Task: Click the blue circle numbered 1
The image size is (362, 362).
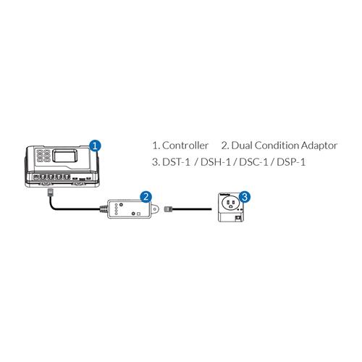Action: point(96,146)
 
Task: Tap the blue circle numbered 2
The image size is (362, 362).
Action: point(146,197)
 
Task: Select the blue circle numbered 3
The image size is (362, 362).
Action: point(245,197)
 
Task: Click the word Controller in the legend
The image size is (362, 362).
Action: point(185,146)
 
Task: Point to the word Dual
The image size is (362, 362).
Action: point(242,146)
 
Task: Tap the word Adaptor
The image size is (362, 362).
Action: point(319,146)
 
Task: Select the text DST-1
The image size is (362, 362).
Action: point(177,162)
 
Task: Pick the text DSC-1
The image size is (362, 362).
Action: point(253,162)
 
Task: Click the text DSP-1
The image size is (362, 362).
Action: point(291,162)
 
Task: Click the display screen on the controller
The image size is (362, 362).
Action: point(65,156)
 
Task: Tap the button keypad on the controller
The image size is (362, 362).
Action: point(43,156)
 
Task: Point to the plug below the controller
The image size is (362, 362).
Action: point(50,193)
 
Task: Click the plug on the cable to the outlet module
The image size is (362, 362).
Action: point(168,209)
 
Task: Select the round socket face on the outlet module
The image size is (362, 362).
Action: point(230,204)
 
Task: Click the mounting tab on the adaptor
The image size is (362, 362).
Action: point(156,209)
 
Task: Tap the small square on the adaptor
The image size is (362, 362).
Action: point(138,214)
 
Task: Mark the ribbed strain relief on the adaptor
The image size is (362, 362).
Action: point(104,209)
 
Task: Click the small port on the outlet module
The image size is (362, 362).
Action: point(237,218)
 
